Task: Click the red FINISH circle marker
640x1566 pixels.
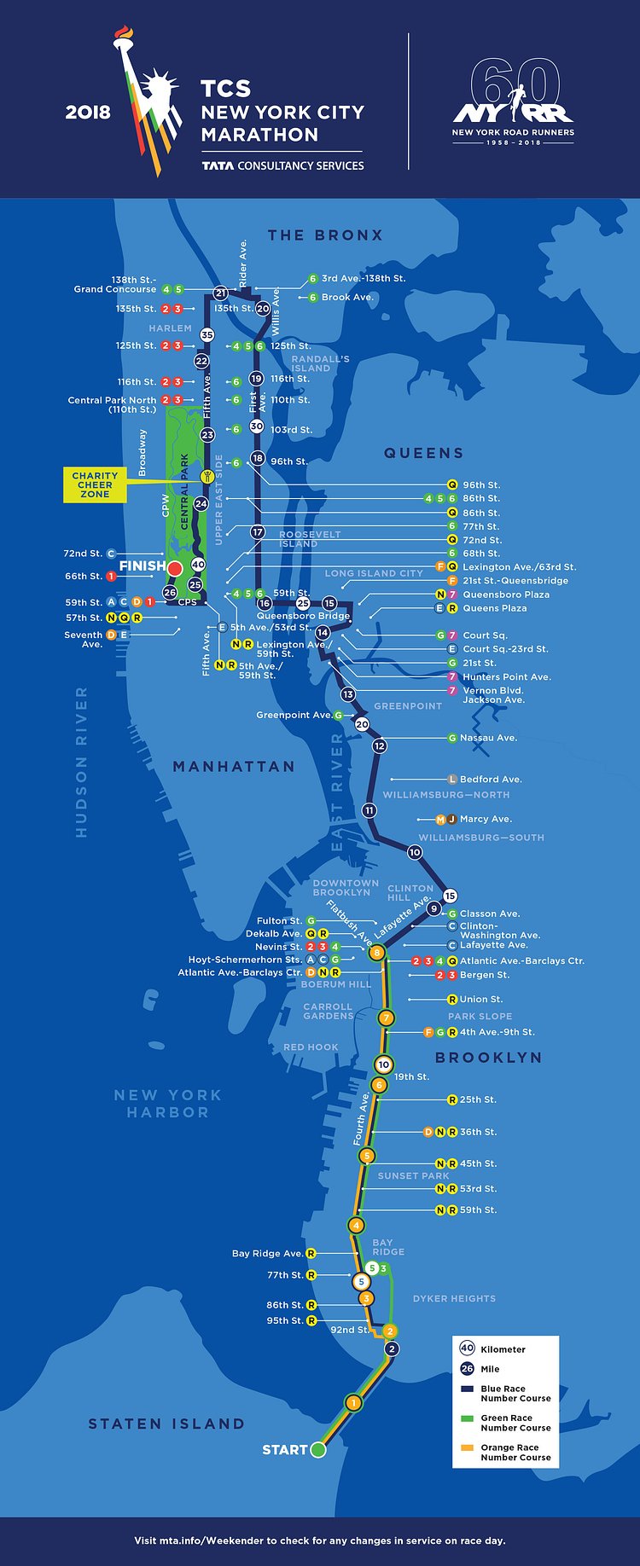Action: (x=175, y=568)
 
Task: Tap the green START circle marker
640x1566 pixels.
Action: (x=318, y=1449)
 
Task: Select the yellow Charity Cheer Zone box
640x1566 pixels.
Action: (x=95, y=484)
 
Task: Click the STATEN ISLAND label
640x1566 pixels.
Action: (x=166, y=1424)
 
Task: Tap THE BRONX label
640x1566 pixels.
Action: (x=325, y=235)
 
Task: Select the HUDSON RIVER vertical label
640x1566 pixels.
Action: (x=82, y=762)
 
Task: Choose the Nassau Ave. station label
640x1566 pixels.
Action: (x=487, y=738)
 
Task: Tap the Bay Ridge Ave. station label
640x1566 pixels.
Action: (x=267, y=1253)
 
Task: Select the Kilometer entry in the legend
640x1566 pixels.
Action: (x=503, y=1349)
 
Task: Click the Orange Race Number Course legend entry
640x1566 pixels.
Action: (x=515, y=1452)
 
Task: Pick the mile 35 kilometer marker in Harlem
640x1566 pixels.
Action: (x=207, y=335)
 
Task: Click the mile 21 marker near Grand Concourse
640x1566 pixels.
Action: (x=220, y=293)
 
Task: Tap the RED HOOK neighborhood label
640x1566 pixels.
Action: (x=311, y=1047)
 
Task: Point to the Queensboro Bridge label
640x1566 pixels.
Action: (x=304, y=615)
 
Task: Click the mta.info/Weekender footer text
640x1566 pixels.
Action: (x=319, y=1540)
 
